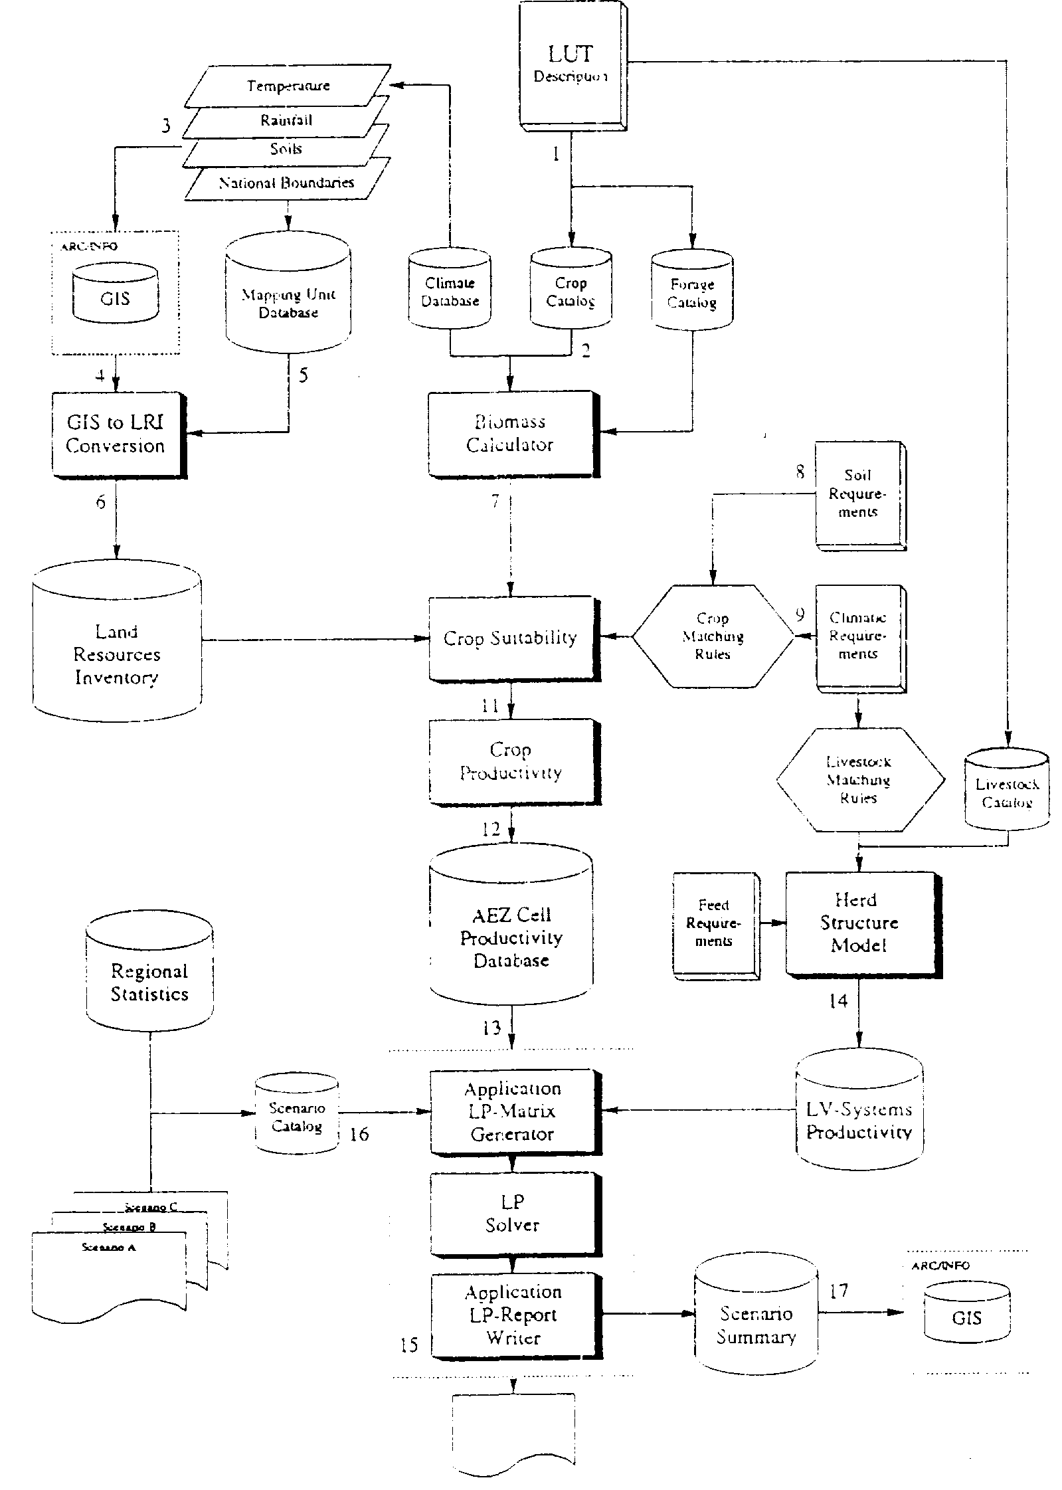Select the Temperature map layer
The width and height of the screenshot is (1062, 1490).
(x=288, y=86)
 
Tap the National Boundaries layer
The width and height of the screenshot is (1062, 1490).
(x=287, y=183)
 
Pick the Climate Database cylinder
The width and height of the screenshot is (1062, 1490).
(x=450, y=290)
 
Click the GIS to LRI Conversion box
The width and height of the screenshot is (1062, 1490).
(x=117, y=434)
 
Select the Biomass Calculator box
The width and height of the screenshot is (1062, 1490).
(x=510, y=433)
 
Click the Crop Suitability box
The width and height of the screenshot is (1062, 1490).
(x=511, y=638)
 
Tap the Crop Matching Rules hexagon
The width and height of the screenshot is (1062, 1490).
(x=713, y=636)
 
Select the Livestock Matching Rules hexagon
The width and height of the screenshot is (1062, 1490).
(x=859, y=780)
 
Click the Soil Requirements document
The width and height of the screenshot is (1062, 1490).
(x=858, y=494)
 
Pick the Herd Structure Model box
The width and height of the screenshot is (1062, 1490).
(x=859, y=923)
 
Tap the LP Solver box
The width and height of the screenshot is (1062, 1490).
(x=513, y=1214)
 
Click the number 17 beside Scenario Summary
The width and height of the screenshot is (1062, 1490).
(x=839, y=1290)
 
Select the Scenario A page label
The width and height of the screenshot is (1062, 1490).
(x=109, y=1248)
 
